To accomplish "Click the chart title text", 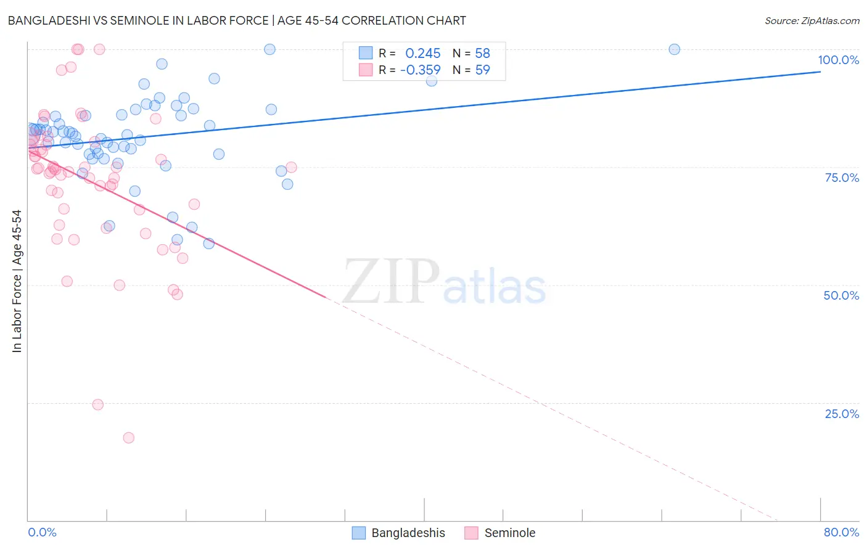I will click(237, 20).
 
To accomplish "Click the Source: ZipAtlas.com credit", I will click(812, 20).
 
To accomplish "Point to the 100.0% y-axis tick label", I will click(838, 60).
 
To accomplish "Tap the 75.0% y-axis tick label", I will click(842, 178).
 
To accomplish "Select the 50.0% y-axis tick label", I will click(841, 295).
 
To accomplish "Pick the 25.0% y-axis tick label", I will click(842, 414).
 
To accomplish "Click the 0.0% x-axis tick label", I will click(42, 532).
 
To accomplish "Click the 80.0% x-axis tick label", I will click(841, 532).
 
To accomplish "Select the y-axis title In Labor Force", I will click(17, 281).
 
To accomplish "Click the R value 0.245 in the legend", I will click(422, 53).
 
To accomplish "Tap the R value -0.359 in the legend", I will click(420, 70).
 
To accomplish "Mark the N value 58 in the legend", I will click(482, 53).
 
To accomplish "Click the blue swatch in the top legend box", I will click(366, 53).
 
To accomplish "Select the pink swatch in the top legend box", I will click(366, 70).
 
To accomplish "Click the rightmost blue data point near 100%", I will click(674, 49).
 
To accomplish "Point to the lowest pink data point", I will click(128, 438).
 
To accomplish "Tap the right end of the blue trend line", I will click(820, 72).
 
